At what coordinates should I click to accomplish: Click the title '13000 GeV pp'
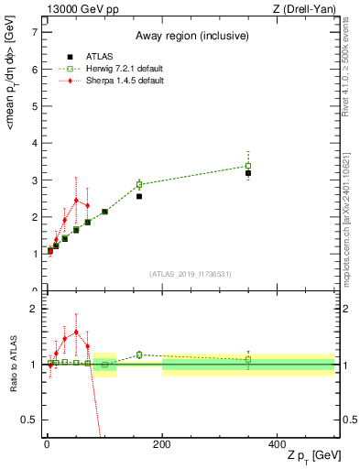coord(80,9)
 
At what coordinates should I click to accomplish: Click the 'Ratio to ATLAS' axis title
coord(12,366)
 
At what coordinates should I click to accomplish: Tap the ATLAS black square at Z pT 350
coord(248,173)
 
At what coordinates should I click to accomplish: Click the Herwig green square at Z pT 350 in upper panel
coord(248,166)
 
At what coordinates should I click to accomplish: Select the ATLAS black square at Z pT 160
coord(139,196)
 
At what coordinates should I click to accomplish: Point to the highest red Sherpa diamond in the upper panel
coord(76,201)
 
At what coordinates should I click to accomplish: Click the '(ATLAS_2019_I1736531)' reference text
coord(190,274)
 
